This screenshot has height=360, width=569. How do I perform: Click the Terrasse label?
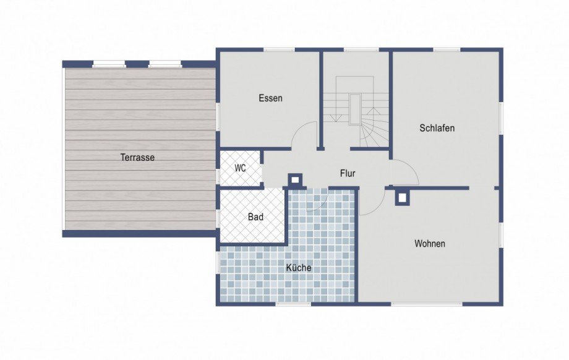click(137, 158)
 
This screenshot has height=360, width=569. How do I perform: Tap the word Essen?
click(270, 98)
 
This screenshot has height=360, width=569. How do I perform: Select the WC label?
click(240, 168)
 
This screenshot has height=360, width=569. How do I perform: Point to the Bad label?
click(255, 217)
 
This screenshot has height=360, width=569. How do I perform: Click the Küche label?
click(299, 267)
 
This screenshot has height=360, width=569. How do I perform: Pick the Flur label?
click(348, 173)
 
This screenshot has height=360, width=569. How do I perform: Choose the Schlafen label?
click(437, 128)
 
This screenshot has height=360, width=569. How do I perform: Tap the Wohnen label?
click(430, 244)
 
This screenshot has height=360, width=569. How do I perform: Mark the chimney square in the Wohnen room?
click(402, 198)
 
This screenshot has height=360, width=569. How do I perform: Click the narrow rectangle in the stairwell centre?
click(355, 109)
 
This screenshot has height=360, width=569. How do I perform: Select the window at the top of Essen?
click(279, 49)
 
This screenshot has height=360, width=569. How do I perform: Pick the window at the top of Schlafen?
click(447, 49)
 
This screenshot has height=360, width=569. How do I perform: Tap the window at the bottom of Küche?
click(294, 304)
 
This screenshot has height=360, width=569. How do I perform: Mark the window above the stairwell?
click(361, 49)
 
